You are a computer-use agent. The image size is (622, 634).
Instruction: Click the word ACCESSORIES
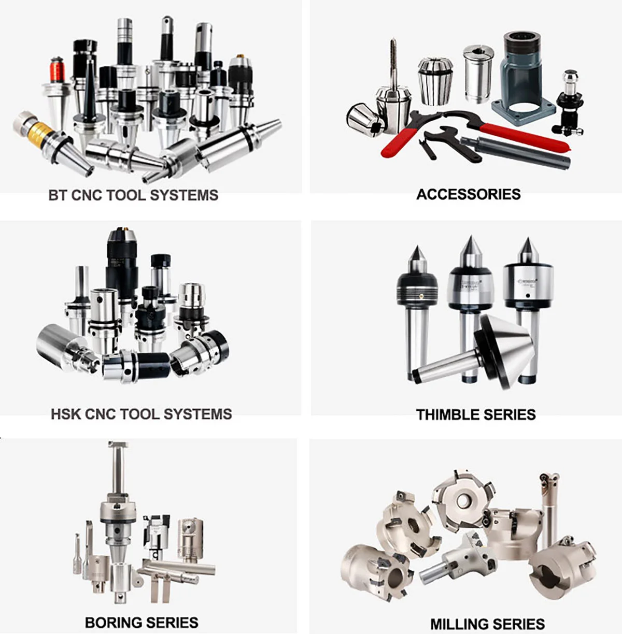pyautogui.click(x=468, y=194)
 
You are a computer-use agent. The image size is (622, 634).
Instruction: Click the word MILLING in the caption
pyautogui.click(x=458, y=624)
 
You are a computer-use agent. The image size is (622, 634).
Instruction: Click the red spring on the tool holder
pyautogui.click(x=56, y=70)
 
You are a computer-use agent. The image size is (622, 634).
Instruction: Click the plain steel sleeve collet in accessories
pyautogui.click(x=477, y=73)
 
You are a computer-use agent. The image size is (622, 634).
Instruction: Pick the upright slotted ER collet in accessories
pyautogui.click(x=435, y=80)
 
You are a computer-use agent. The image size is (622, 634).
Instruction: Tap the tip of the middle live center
pyautogui.click(x=470, y=239)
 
